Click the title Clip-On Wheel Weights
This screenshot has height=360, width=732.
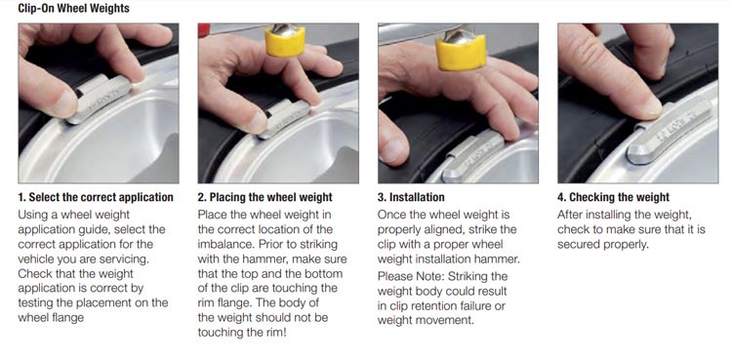(73, 8)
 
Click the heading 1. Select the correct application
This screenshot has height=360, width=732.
(96, 197)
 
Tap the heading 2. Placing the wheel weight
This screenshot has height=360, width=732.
(265, 197)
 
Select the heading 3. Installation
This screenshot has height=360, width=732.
(411, 197)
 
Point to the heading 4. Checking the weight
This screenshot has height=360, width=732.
(614, 197)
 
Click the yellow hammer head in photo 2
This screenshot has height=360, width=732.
(285, 41)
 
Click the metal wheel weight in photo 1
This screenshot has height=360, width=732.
(100, 99)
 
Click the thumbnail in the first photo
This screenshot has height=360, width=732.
(66, 102)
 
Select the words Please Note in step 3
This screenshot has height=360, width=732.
(410, 276)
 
